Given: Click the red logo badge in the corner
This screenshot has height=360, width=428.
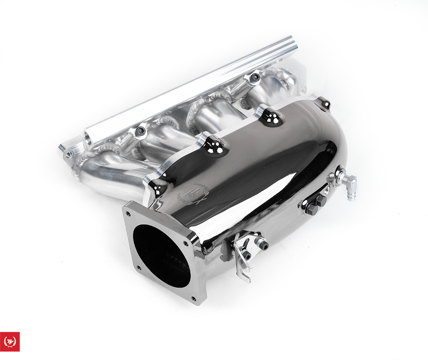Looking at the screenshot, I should pyautogui.click(x=10, y=342).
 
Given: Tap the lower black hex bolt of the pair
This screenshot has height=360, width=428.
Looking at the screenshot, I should pyautogui.click(x=311, y=210).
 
